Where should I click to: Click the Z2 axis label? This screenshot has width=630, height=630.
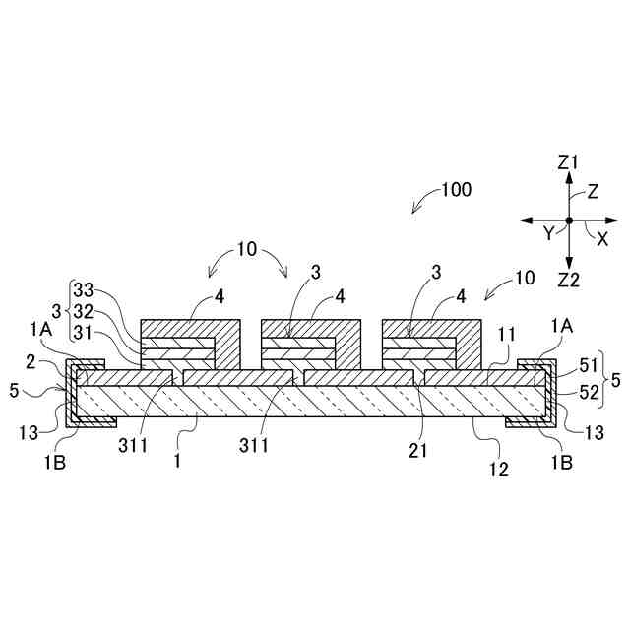pyautogui.click(x=568, y=281)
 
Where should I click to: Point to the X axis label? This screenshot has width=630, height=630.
pyautogui.click(x=602, y=239)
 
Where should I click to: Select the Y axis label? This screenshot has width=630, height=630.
pyautogui.click(x=549, y=233)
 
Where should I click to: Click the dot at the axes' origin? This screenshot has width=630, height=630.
pyautogui.click(x=569, y=220)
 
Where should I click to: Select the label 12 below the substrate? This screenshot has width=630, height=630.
pyautogui.click(x=499, y=470)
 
